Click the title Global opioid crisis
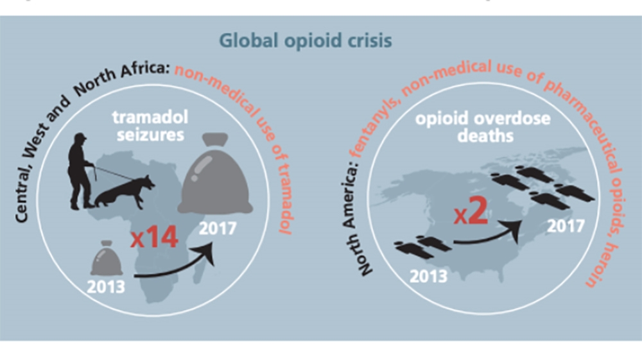coord(306,41)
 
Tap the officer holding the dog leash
coord(82,171)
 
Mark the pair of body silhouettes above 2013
coord(417,246)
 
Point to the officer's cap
coord(80,137)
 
